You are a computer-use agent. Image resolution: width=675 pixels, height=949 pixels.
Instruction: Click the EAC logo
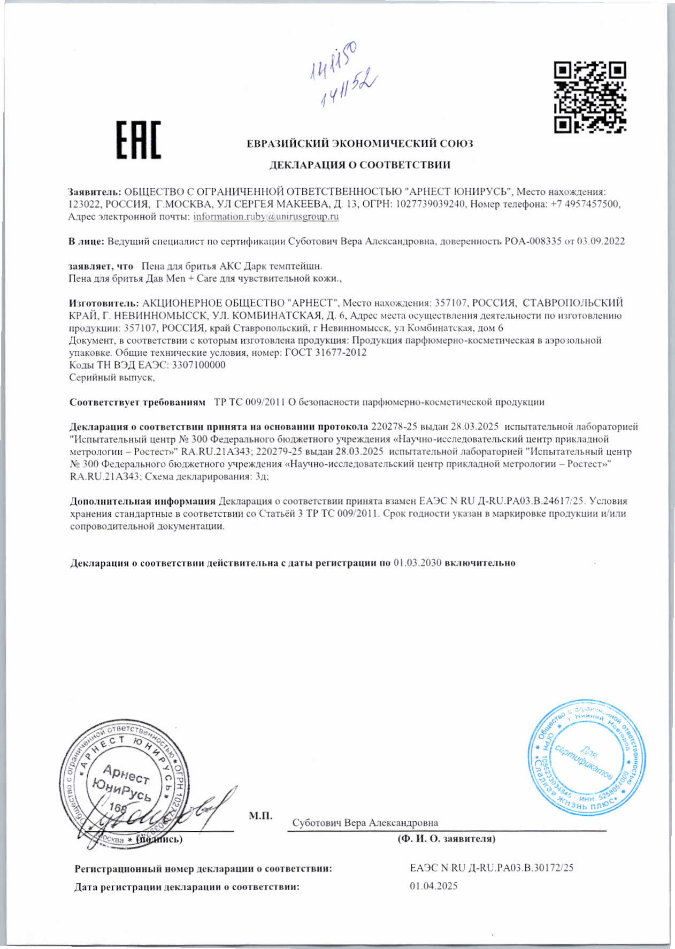click(x=139, y=140)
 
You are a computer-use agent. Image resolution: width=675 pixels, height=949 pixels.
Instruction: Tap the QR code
click(x=589, y=97)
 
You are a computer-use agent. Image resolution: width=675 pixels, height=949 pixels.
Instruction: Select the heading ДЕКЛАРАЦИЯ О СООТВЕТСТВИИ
click(x=359, y=165)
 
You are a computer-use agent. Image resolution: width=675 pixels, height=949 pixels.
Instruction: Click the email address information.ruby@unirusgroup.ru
click(x=266, y=217)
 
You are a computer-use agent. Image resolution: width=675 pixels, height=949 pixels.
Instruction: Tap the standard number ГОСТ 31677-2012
click(x=326, y=353)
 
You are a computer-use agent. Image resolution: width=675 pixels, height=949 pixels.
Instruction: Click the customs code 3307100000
click(x=200, y=365)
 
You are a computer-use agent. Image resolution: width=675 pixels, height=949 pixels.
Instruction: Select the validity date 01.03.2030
click(x=417, y=563)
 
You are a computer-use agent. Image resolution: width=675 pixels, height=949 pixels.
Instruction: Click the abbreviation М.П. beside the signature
click(x=260, y=816)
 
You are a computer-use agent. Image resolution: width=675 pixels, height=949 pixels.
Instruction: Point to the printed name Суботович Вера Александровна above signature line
click(x=365, y=823)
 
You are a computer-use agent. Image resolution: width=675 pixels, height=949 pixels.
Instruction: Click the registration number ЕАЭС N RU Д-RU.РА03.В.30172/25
click(x=492, y=868)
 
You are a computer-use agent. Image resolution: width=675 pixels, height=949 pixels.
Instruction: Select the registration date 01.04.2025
click(x=434, y=886)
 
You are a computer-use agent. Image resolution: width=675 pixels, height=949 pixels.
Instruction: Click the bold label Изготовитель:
click(x=104, y=303)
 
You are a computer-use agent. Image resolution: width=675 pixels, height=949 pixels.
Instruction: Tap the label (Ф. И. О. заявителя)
click(x=446, y=839)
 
